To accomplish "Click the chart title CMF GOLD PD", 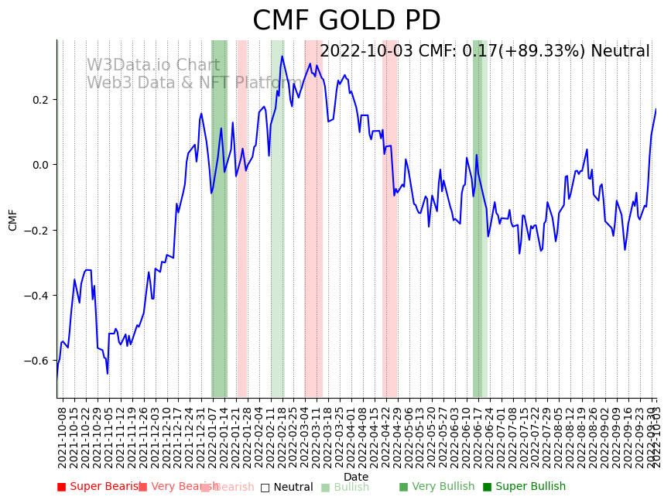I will (346, 21).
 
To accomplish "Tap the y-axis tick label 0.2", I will (39, 100).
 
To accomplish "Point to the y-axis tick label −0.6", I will (36, 361).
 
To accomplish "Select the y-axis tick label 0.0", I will (39, 165).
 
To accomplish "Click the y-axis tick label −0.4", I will (36, 296).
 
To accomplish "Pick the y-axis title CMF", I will (13, 220).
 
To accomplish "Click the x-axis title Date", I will (356, 477).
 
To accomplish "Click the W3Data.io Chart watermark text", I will (153, 66).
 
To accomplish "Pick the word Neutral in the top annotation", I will (620, 52).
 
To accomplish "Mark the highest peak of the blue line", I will (282, 56).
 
